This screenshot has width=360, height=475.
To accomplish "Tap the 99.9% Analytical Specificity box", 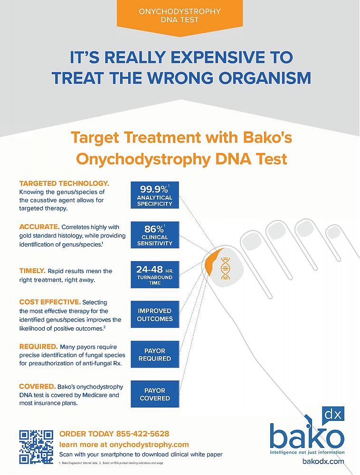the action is coord(155,195).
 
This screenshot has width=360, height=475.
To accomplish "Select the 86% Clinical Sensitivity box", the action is coord(155,235).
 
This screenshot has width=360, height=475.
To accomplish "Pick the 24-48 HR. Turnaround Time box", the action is coord(155,275).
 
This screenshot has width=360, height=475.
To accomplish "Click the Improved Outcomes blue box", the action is coord(155,314).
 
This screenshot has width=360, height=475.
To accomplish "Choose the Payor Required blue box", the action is coord(155,354).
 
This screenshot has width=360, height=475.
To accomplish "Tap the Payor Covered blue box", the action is coord(155,394).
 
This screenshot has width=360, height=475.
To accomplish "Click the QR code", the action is coord(37,447).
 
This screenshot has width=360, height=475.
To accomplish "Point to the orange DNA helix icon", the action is coord(225,268).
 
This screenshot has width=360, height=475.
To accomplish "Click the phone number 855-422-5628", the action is coord(142,434).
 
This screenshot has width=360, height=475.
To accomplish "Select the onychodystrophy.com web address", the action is coord(149,445).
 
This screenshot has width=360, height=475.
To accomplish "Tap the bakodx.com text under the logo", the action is coord(323,461).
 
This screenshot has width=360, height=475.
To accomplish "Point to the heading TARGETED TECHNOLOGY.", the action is coord(64,183).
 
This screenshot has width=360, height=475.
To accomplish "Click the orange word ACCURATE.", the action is coord(39,227).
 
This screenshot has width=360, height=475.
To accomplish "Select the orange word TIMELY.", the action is coord(32,271).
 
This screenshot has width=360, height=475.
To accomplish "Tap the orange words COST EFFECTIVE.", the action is coord(50,302).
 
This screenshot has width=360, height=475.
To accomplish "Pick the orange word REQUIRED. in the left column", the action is coord(38,347).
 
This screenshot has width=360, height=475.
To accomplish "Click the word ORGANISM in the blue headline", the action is coord(265,78).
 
